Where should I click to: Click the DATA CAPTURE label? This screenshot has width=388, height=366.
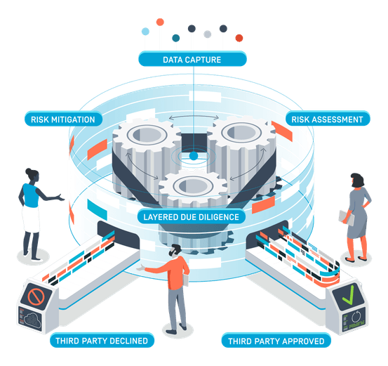pyautogui.click(x=192, y=59)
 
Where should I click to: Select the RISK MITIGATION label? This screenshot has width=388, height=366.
pyautogui.click(x=63, y=119)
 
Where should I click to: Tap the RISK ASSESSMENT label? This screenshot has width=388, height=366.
pyautogui.click(x=328, y=119)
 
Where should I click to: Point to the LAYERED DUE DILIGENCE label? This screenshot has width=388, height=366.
pyautogui.click(x=192, y=216)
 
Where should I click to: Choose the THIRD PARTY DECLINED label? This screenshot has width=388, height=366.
pyautogui.click(x=102, y=341)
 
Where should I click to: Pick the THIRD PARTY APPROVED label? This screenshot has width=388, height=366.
pyautogui.click(x=276, y=341)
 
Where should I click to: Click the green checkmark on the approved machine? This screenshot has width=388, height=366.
pyautogui.click(x=348, y=295)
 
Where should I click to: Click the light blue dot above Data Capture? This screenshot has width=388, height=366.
pyautogui.click(x=145, y=32)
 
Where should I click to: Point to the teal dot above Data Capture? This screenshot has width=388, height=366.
pyautogui.click(x=176, y=38)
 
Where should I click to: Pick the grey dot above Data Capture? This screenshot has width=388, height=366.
pyautogui.click(x=208, y=34)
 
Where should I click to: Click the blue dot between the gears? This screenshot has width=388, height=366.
pyautogui.click(x=194, y=156)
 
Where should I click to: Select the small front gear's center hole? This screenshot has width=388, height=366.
pyautogui.click(x=193, y=185)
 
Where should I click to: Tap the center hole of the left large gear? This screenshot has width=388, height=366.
pyautogui.click(x=147, y=135)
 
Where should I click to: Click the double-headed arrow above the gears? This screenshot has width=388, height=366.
pyautogui.click(x=194, y=117)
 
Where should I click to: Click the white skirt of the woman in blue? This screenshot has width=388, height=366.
pyautogui.click(x=31, y=218)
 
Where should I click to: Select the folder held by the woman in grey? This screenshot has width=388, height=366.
pyautogui.click(x=347, y=218)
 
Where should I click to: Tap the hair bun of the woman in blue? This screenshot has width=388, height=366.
pyautogui.click(x=29, y=171)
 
